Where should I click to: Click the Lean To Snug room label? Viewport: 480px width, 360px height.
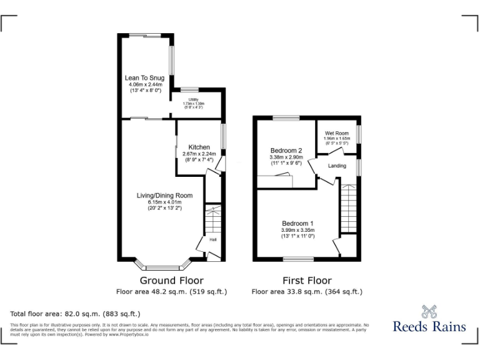coord(144,78)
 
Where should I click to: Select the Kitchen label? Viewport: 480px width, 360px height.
coord(199,147)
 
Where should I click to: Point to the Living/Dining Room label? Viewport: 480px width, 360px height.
coord(164,196)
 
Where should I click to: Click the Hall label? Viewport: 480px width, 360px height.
coord(212,239)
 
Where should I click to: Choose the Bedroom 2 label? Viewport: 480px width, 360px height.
coord(286,151)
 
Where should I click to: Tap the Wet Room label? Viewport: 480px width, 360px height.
coord(336,133)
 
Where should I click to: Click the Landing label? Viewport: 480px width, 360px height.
coord(337,166)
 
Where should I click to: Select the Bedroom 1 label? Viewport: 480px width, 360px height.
coord(297,224)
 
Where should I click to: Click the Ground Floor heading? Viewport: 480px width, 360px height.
coord(171,281)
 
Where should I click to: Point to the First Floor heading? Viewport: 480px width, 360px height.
coord(307,281)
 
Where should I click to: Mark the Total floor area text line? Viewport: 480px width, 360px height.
coord(76,313)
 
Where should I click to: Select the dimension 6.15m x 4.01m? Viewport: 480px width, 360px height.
coord(164,202)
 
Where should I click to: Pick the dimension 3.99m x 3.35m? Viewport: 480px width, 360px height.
coord(297,230)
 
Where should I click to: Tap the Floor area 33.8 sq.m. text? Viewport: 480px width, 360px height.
coord(307,292)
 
